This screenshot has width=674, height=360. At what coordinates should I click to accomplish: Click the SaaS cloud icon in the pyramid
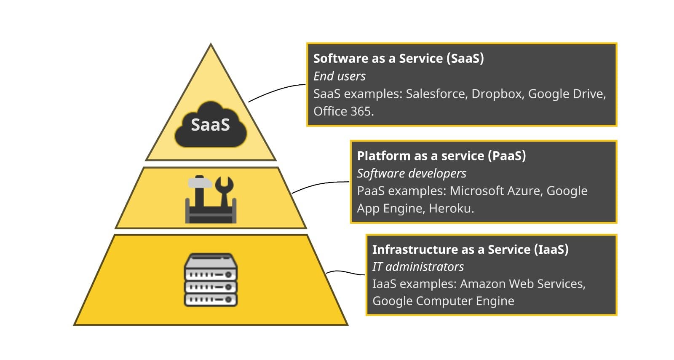pos(211,125)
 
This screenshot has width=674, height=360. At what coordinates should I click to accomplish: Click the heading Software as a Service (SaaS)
pos(398,58)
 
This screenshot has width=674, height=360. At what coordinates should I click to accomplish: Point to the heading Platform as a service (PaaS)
pos(441,156)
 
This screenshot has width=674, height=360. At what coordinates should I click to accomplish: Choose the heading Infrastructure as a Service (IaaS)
pos(470,249)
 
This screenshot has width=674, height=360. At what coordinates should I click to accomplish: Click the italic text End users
pos(339,76)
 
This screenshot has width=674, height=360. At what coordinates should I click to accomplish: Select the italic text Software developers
pos(412,173)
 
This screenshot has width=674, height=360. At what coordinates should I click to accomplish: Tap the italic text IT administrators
pos(418,266)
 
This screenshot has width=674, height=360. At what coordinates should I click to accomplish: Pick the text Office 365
pos(343,111)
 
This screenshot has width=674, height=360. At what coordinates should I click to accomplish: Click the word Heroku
pos(451,208)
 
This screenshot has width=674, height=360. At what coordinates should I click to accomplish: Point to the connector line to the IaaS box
pos(345,272)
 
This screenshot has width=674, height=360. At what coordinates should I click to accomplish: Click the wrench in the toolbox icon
pos(224,190)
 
